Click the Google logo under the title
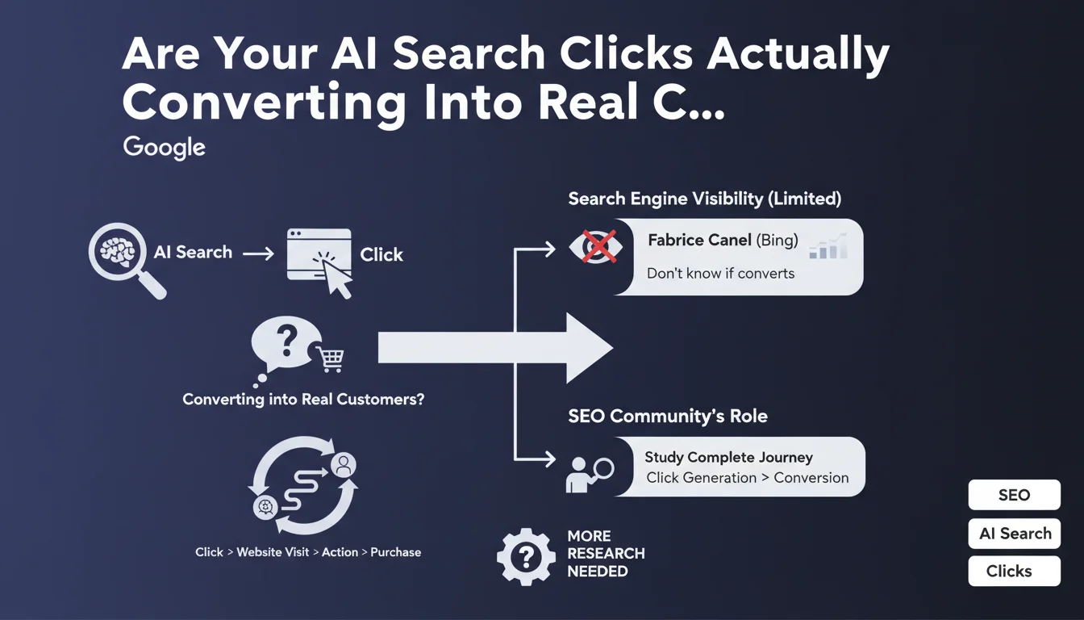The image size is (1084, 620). [165, 148]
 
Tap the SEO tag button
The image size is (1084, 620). [1014, 496]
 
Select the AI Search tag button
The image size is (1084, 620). [1014, 534]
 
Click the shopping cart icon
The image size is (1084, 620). [331, 359]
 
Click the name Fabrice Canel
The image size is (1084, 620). [698, 241]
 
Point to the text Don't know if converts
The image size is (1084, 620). [720, 274]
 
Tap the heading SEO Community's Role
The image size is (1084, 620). [667, 417]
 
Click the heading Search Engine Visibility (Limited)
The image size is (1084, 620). [705, 199]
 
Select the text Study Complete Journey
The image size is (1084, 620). [728, 458]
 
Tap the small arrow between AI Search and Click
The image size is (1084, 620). [259, 253]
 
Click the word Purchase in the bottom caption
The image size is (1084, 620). [395, 552]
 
